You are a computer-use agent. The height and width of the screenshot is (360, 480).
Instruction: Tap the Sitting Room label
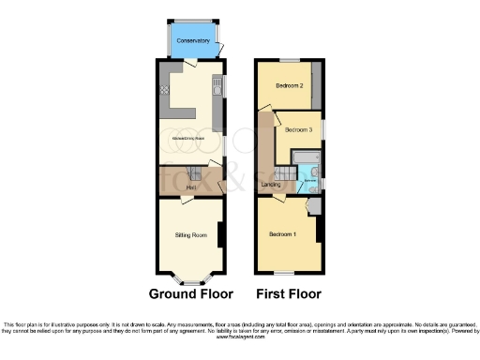tap(190, 234)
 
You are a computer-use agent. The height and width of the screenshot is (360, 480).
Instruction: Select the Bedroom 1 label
tap(282, 233)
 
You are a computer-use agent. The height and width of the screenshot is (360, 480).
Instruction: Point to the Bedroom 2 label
tap(289, 85)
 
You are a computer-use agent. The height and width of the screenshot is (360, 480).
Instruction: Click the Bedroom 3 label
tap(298, 129)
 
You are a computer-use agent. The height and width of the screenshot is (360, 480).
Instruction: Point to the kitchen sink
tap(217, 89)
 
